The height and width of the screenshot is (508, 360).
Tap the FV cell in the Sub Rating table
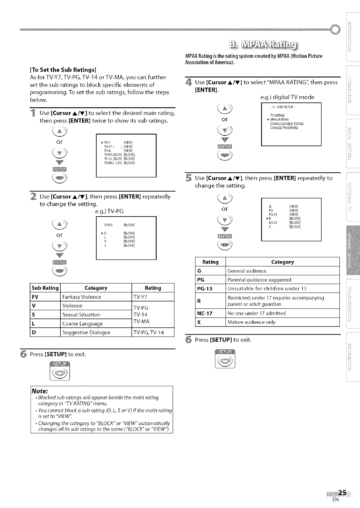35,297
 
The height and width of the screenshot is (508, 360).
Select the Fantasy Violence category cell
82,297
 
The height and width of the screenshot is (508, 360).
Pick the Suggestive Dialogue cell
86,333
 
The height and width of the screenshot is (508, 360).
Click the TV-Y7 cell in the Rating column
141,297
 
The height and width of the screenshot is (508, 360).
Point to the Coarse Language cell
82,324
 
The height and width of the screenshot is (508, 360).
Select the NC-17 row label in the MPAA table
205,313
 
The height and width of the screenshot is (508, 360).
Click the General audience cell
247,271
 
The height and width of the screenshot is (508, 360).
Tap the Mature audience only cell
251,322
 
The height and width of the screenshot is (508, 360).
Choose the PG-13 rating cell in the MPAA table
205,289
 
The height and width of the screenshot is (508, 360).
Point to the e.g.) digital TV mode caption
287,97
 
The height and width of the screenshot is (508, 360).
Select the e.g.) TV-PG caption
109,211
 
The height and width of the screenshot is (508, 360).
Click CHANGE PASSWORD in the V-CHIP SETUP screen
284,128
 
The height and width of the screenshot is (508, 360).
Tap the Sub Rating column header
45,288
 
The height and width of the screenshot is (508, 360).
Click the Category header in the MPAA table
282,262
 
